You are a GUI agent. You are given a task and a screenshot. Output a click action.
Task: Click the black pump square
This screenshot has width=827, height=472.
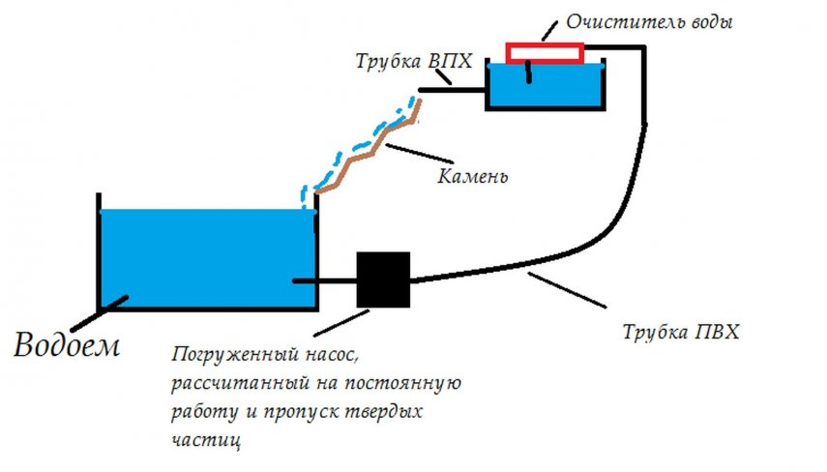click(384, 280)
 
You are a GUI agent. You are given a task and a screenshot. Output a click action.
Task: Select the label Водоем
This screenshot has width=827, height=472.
click(67, 344)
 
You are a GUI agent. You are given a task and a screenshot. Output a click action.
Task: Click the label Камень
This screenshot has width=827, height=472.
click(473, 178)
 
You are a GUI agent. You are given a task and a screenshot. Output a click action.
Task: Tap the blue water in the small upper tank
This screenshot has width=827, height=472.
click(544, 87)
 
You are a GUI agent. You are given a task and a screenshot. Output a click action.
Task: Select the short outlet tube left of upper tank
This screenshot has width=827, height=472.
click(452, 91)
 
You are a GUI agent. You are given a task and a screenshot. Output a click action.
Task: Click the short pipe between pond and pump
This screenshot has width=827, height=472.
click(325, 280)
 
